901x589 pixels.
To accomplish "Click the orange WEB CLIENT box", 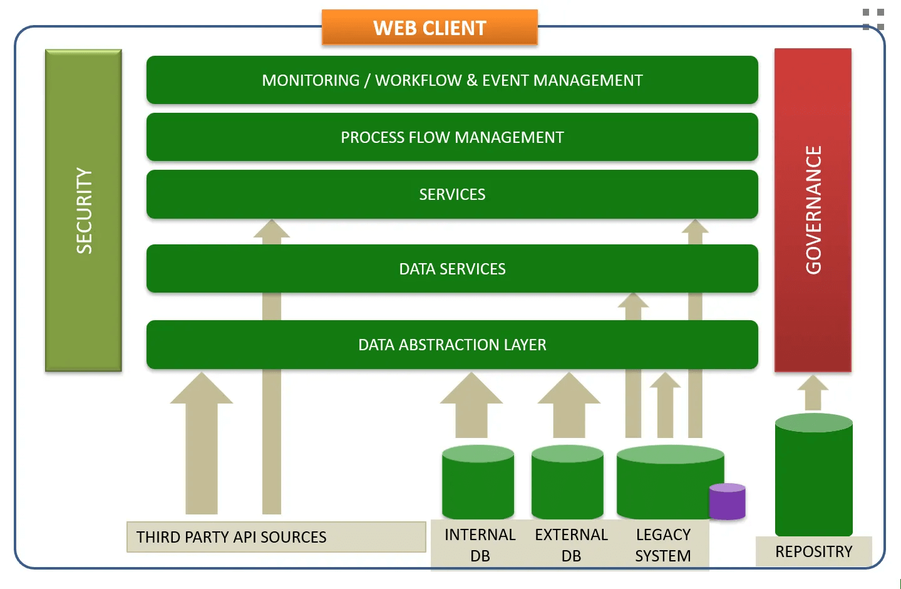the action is pyautogui.click(x=430, y=27).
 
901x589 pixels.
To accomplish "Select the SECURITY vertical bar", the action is pyautogui.click(x=83, y=210).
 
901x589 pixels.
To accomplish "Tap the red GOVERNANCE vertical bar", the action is pyautogui.click(x=813, y=210).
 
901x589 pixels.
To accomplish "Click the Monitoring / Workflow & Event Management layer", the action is pyautogui.click(x=452, y=80).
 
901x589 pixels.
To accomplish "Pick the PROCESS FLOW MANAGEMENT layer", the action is pyautogui.click(x=452, y=137).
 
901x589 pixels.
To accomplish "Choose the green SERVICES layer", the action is pyautogui.click(x=452, y=194).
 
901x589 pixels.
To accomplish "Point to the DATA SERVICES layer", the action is pyautogui.click(x=452, y=269).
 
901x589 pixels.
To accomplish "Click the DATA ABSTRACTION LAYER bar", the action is pyautogui.click(x=452, y=345).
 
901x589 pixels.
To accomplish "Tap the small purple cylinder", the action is pyautogui.click(x=727, y=502).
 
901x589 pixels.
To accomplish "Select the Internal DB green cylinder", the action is pyautogui.click(x=478, y=482).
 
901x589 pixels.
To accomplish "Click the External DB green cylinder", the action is pyautogui.click(x=567, y=482).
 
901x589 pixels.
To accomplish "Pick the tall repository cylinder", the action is pyautogui.click(x=814, y=475).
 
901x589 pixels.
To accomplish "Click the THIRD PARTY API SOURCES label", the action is pyautogui.click(x=231, y=537).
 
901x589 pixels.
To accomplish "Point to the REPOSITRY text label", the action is pyautogui.click(x=814, y=551).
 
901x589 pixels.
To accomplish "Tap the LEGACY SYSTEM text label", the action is pyautogui.click(x=663, y=545).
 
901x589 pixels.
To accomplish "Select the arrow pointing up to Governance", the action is pyautogui.click(x=813, y=393).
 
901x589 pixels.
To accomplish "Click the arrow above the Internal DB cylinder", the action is pyautogui.click(x=471, y=405).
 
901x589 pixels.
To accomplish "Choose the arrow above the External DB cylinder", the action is pyautogui.click(x=569, y=405).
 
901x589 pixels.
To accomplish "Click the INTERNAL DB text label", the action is pyautogui.click(x=480, y=545).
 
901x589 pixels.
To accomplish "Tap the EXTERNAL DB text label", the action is pyautogui.click(x=571, y=545).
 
